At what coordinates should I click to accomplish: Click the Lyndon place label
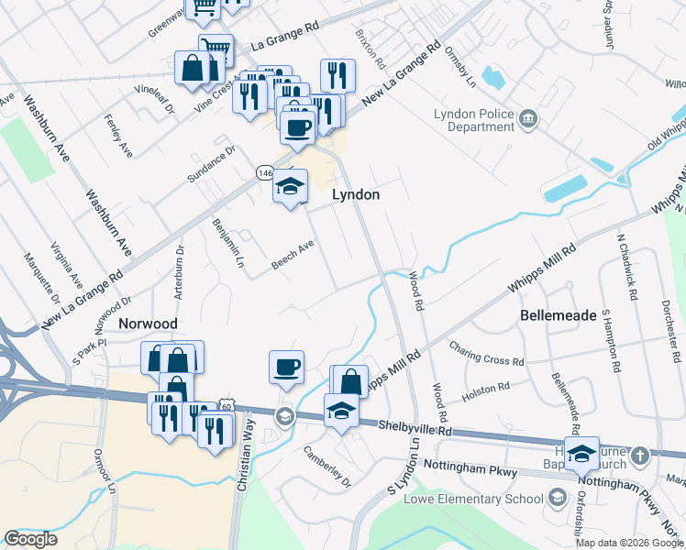click(355, 195)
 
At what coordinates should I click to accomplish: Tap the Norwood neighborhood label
click(147, 324)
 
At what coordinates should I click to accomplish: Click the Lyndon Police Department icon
click(528, 119)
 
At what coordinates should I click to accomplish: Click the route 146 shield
click(265, 172)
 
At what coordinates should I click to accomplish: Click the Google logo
click(30, 539)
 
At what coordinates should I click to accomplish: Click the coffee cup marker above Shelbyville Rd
click(287, 366)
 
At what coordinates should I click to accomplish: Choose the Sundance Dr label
click(211, 162)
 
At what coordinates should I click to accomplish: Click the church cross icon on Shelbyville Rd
click(641, 455)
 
